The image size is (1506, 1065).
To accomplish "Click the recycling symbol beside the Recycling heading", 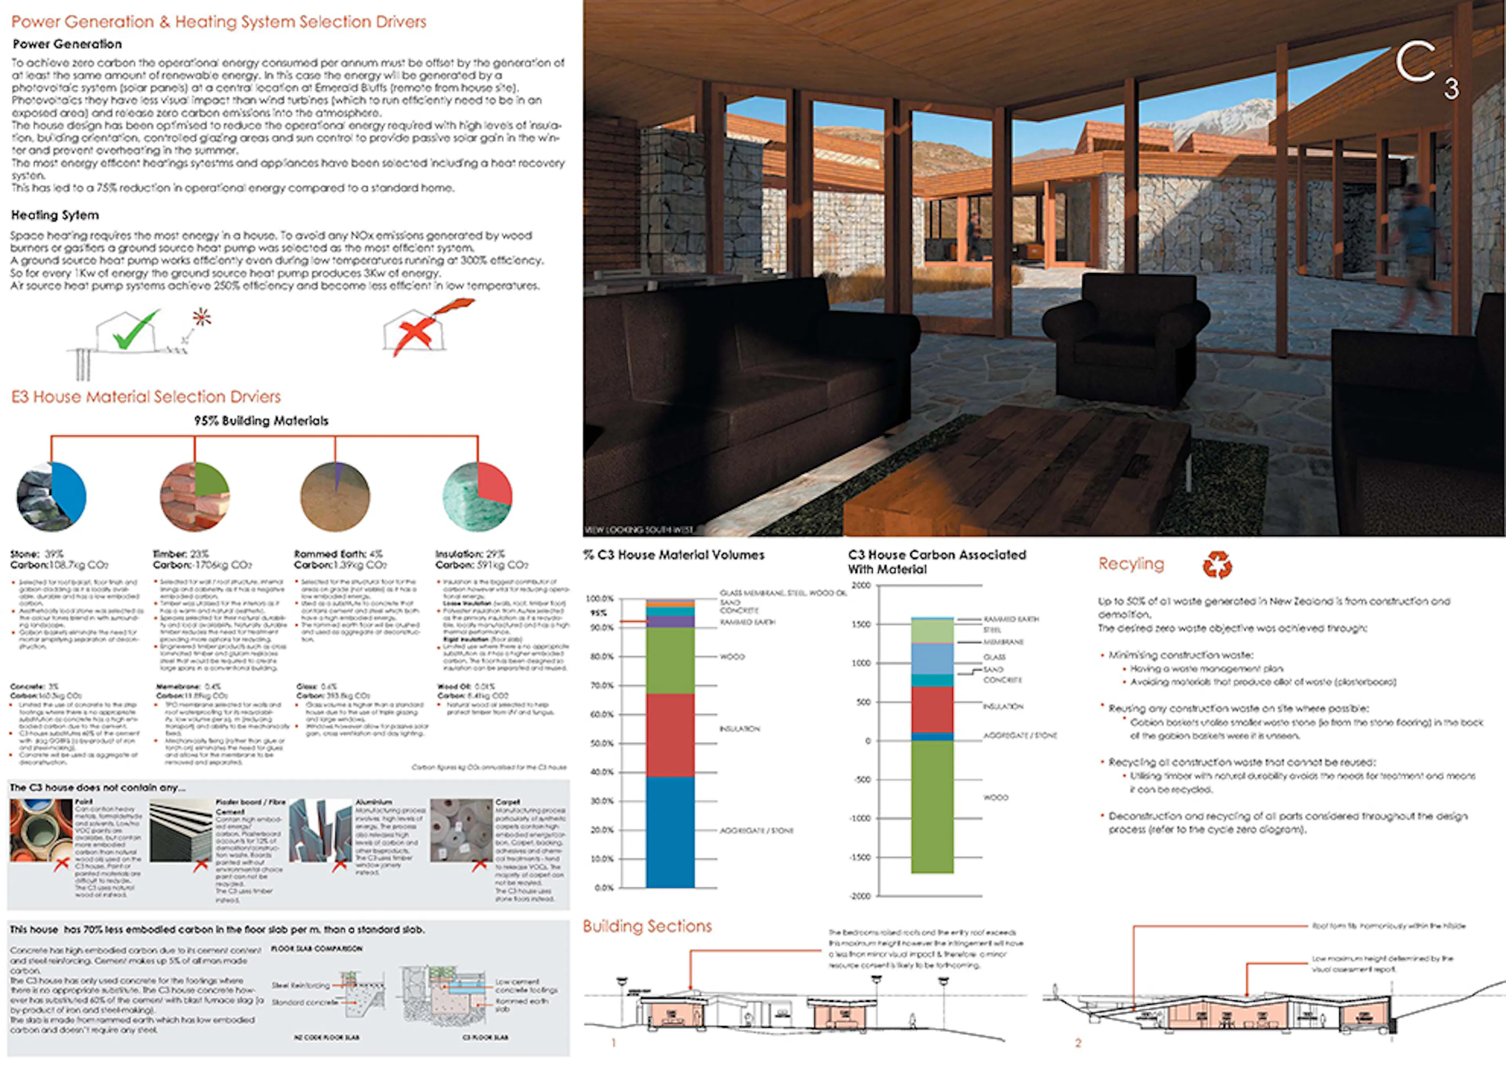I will click(1217, 564).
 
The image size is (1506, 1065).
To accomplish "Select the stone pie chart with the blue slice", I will click(51, 497).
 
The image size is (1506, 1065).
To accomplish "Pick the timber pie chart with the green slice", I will click(195, 497).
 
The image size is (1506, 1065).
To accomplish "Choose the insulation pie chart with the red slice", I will click(478, 497).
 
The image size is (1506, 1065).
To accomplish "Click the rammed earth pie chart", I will click(335, 497).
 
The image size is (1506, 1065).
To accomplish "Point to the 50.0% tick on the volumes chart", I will click(601, 743).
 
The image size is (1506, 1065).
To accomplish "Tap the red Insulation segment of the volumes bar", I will click(670, 735).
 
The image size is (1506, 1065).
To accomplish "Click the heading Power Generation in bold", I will click(67, 44).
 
